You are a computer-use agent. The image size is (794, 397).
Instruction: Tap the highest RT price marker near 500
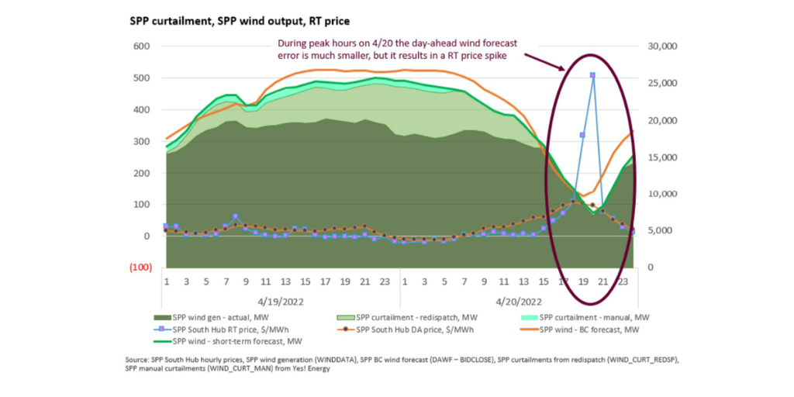[592, 75]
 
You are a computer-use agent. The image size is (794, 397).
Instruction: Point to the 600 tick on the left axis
[140, 47]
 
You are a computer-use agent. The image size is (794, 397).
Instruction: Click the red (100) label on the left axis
[138, 268]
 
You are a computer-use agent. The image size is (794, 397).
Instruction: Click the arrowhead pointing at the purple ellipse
[567, 70]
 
